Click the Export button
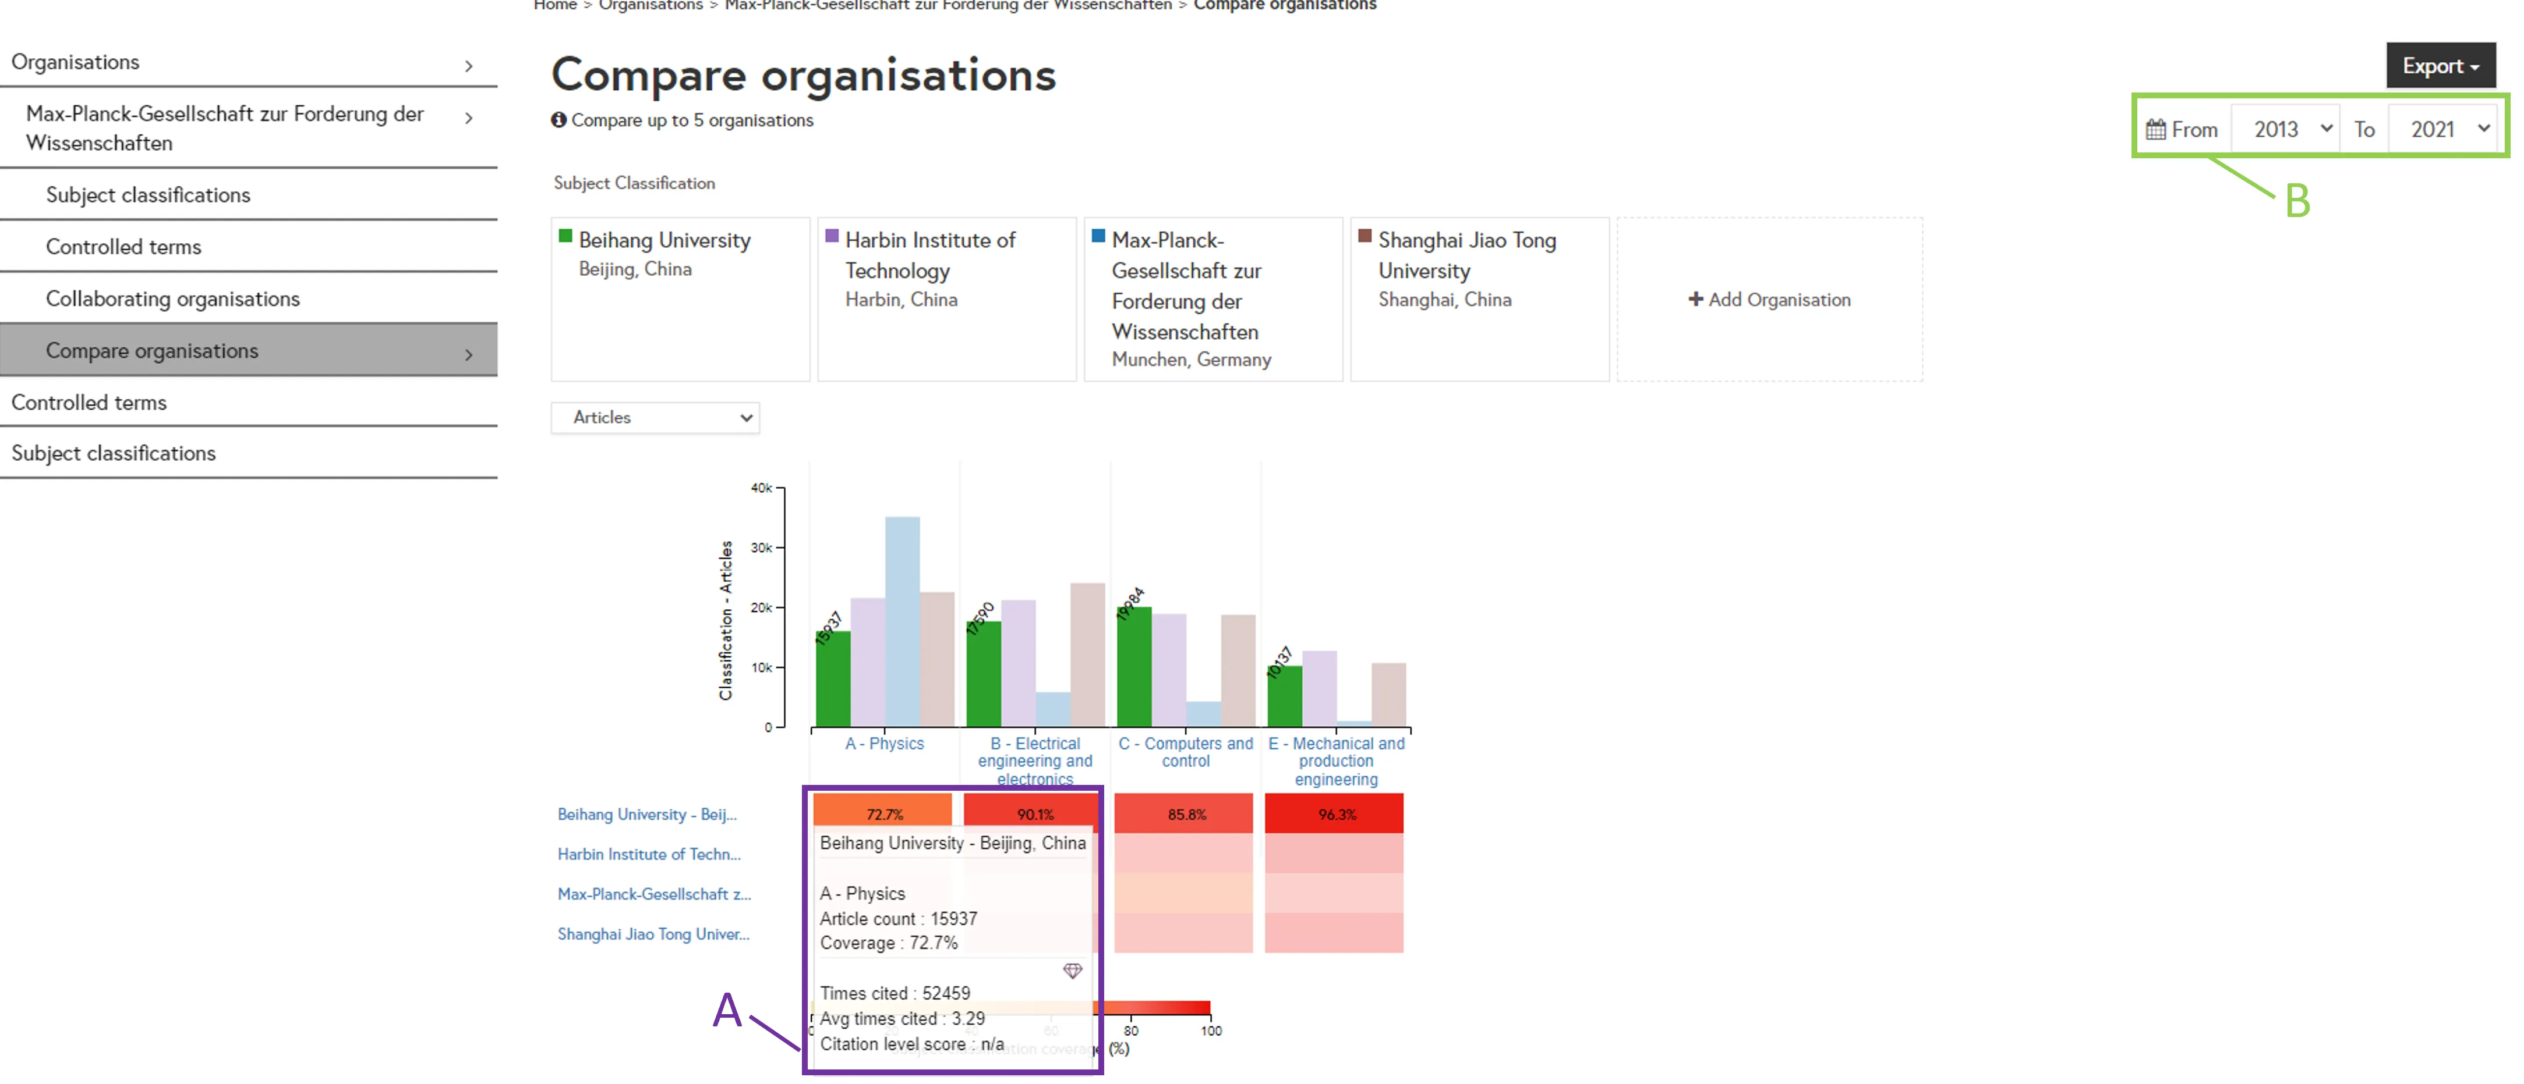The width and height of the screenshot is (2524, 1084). pyautogui.click(x=2439, y=66)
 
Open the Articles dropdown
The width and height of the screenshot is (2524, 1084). pyautogui.click(x=655, y=417)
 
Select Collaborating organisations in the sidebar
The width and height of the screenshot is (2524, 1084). pyautogui.click(x=172, y=298)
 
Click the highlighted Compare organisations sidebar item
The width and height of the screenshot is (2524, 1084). pyautogui.click(x=152, y=350)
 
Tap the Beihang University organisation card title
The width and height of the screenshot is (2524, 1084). pyautogui.click(x=664, y=240)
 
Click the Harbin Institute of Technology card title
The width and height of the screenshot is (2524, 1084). pyautogui.click(x=930, y=255)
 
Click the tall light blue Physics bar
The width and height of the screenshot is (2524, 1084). pyautogui.click(x=902, y=621)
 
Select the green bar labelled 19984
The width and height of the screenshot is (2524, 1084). pyautogui.click(x=1134, y=666)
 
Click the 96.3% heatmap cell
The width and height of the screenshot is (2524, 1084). pyautogui.click(x=1335, y=814)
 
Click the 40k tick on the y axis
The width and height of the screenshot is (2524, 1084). pyautogui.click(x=761, y=488)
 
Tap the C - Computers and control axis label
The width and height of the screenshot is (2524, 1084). pyautogui.click(x=1186, y=752)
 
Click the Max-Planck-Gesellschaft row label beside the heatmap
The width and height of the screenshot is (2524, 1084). pyautogui.click(x=653, y=894)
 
